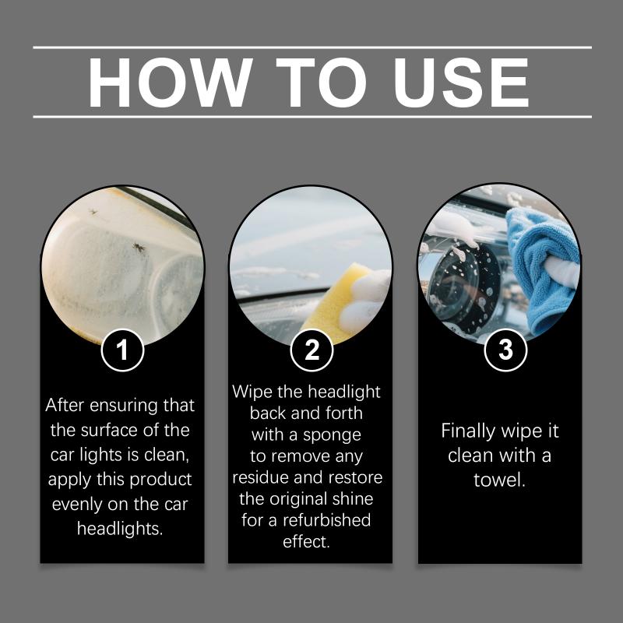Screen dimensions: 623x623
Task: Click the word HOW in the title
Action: [x=170, y=83]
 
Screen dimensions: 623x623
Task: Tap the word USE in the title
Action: [x=461, y=83]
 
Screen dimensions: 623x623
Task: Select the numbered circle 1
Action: [x=122, y=350]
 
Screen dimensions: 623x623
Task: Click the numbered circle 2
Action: [x=311, y=350]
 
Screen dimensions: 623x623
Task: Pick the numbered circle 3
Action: [x=505, y=350]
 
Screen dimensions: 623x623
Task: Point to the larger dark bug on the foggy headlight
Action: [x=139, y=248]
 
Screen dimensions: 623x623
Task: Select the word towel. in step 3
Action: [x=499, y=480]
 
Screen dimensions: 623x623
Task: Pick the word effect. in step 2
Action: [x=306, y=541]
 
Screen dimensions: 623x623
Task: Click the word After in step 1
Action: [x=65, y=405]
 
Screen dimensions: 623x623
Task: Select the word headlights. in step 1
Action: [x=120, y=529]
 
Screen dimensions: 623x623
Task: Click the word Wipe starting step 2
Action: [x=252, y=392]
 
